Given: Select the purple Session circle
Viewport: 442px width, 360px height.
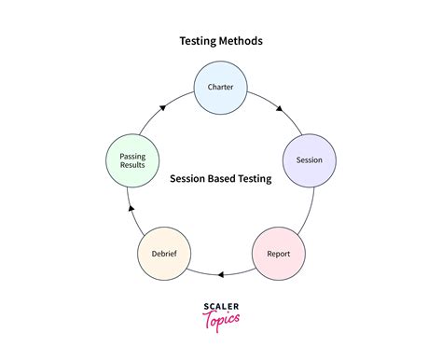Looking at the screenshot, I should point(309,159).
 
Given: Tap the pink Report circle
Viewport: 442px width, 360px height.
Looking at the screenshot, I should point(278,253).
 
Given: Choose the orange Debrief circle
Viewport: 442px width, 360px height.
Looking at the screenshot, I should point(164,253).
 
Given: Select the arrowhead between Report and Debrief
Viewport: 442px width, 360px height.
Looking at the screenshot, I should point(220,274).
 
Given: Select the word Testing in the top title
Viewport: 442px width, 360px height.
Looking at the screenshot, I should point(196,41).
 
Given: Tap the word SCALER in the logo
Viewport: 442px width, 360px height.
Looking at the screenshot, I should point(220,305).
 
